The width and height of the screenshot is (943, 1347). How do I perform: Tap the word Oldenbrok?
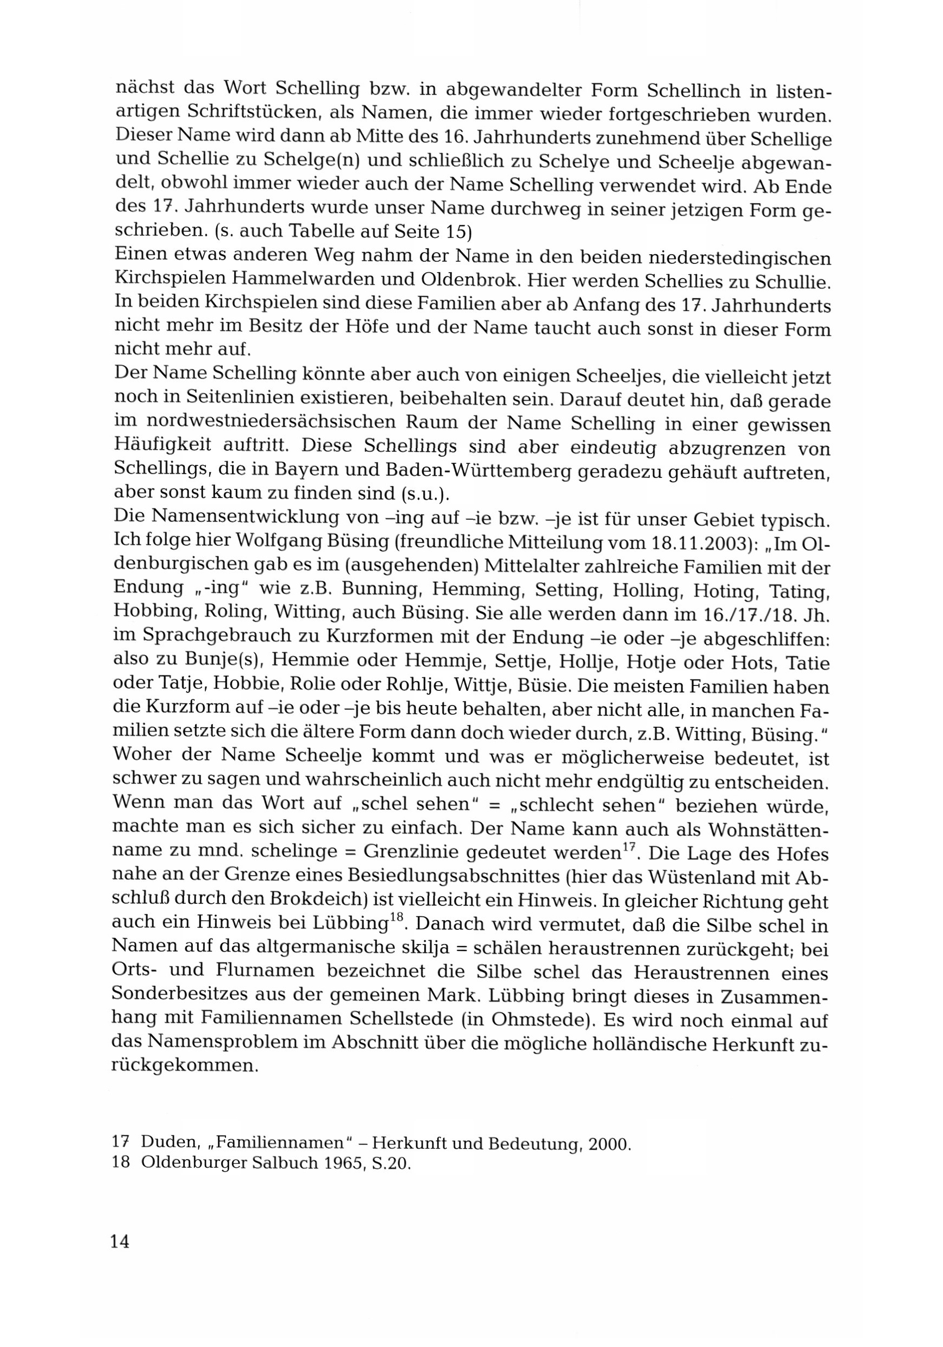pyautogui.click(x=470, y=279)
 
